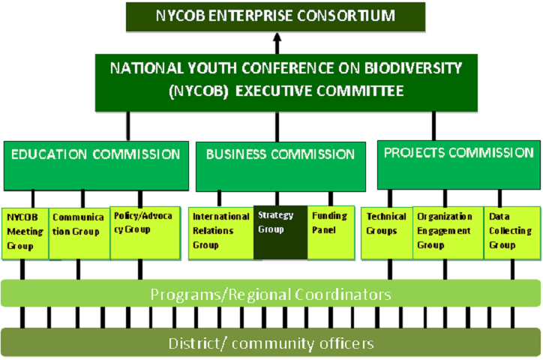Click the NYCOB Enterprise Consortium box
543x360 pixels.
click(276, 17)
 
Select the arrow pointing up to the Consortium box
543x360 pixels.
click(277, 43)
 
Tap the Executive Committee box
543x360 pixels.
click(286, 82)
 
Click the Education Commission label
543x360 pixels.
click(95, 154)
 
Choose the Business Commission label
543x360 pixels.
click(280, 154)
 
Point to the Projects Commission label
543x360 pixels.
click(459, 153)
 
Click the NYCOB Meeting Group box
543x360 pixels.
click(25, 234)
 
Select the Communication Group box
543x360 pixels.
click(79, 234)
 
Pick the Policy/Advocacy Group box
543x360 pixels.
click(145, 233)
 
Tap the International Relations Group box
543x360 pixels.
click(221, 233)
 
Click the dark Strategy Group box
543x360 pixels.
click(280, 232)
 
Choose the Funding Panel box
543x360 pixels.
click(331, 232)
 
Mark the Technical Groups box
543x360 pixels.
click(387, 233)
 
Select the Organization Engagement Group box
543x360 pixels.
click(448, 233)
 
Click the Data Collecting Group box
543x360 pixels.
click(512, 233)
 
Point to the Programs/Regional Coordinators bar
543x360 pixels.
click(271, 293)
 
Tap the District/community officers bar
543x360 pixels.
click(271, 343)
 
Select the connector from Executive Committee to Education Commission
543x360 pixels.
click(128, 126)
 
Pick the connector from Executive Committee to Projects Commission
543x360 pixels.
click(433, 126)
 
